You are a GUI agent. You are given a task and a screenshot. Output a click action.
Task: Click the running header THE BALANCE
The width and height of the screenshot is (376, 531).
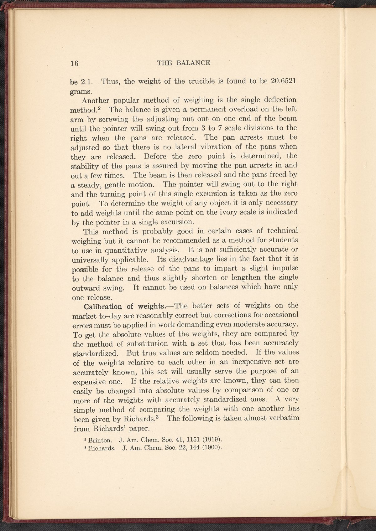tap(183, 63)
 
